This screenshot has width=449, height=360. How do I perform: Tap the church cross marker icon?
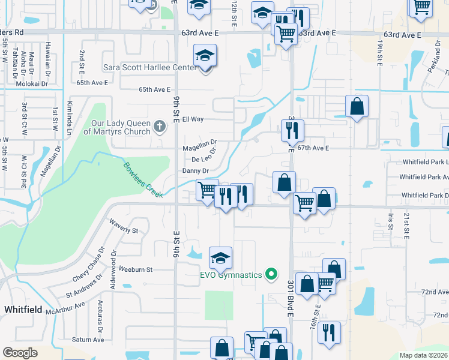click(159, 126)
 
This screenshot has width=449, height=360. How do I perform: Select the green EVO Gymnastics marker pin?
click(271, 275)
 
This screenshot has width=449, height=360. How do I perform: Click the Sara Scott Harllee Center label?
click(150, 67)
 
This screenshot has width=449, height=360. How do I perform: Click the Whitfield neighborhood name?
click(22, 310)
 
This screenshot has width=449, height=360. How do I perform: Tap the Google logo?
click(20, 353)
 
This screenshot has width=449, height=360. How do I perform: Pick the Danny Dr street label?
click(195, 171)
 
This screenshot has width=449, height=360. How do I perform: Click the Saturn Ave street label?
click(88, 340)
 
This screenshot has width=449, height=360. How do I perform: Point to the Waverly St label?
click(124, 230)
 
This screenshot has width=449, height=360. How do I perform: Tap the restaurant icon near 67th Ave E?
click(293, 130)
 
